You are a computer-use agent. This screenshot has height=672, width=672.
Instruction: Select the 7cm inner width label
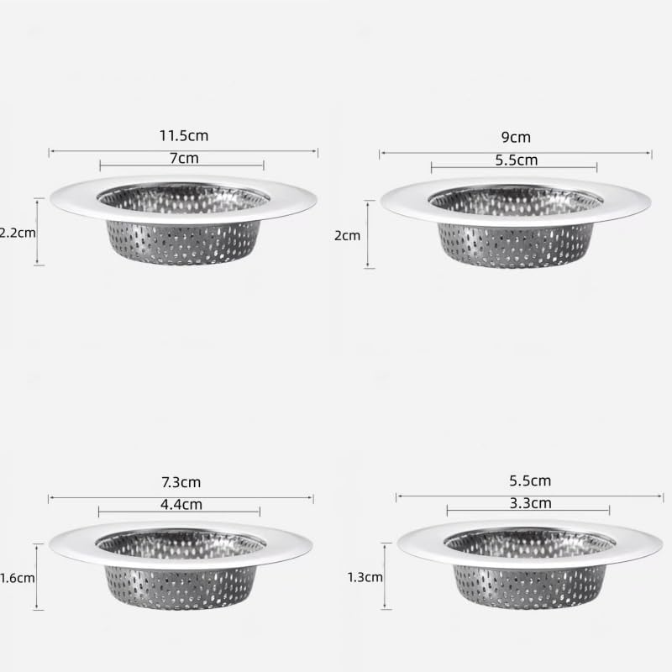182,157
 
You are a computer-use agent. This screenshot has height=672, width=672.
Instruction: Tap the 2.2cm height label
17,233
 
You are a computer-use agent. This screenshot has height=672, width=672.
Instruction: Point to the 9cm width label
516,137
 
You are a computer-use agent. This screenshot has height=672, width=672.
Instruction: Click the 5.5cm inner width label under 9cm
515,160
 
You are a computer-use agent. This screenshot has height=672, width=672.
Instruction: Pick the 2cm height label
347,235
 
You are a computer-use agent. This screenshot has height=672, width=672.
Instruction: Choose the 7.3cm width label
181,482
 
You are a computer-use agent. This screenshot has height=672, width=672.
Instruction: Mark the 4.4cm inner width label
181,505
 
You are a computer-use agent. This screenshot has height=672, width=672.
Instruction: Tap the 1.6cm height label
17,578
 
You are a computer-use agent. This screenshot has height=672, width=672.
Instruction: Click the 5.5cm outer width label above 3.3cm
530,481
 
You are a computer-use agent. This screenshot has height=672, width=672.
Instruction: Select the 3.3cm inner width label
530,504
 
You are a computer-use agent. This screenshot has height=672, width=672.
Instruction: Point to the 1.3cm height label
365,577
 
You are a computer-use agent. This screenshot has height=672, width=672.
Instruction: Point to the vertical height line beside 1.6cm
38,577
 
